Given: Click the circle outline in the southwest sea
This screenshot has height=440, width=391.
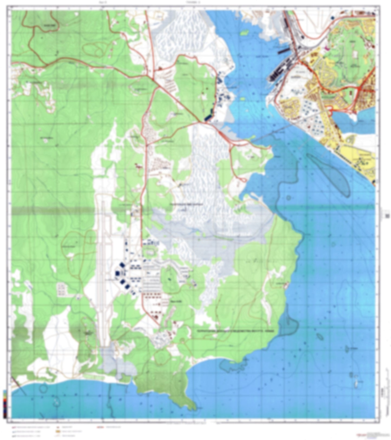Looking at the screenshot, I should pyautogui.click(x=43, y=389).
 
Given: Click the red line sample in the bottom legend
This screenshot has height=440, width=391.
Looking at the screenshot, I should pyautogui.click(x=100, y=428).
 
